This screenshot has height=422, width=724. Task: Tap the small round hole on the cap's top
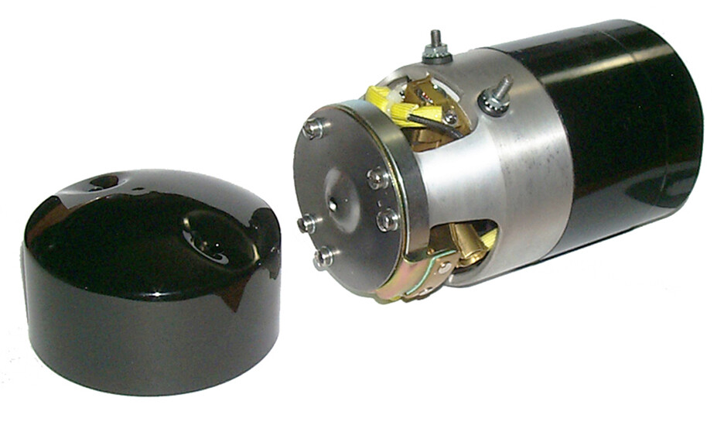101,184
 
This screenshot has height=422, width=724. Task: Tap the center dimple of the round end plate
333,204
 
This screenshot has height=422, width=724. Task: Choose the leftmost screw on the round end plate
307,224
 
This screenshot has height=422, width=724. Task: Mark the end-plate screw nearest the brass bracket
388,220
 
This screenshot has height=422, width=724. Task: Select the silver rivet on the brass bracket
443,269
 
